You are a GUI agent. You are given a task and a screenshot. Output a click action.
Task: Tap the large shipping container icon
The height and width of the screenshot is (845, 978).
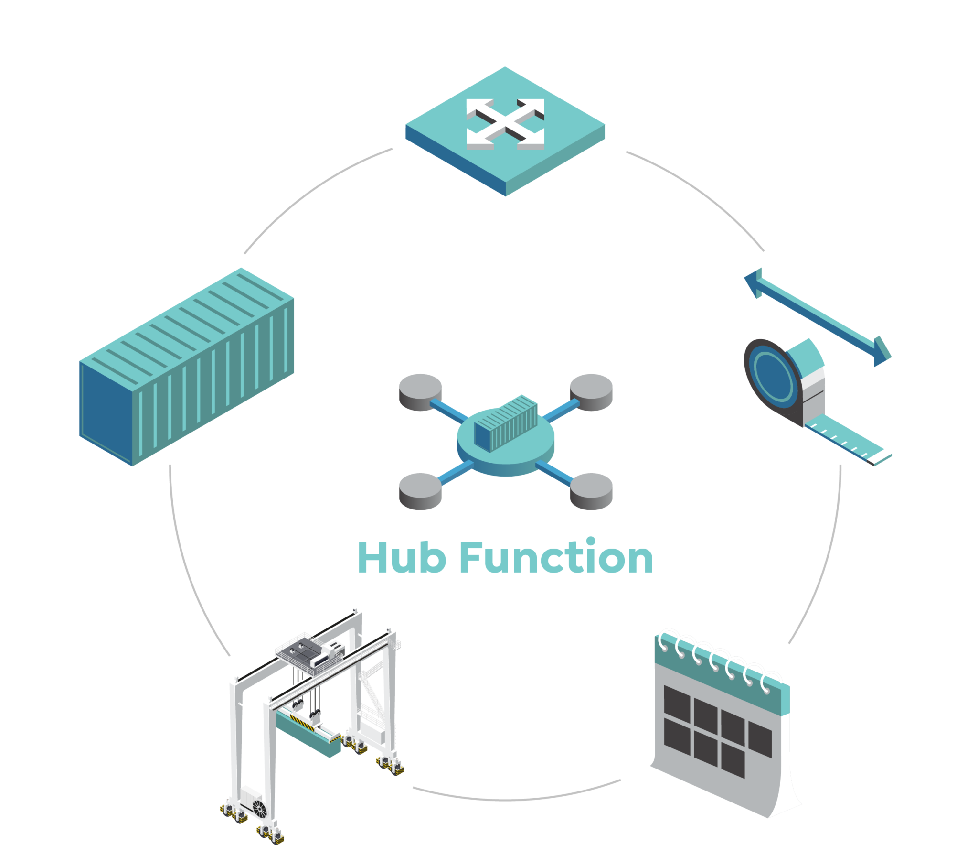click(x=187, y=367)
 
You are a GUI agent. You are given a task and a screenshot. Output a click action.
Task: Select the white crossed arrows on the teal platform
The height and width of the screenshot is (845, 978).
click(x=505, y=124)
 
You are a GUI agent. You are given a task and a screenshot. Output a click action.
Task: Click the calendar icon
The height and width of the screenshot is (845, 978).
click(x=721, y=724)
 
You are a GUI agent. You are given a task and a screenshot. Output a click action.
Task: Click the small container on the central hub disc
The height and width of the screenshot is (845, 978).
click(x=506, y=423)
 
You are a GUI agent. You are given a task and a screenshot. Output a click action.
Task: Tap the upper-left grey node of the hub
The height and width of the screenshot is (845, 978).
click(x=420, y=392)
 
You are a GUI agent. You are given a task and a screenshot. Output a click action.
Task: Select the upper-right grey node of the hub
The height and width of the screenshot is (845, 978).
click(x=591, y=392)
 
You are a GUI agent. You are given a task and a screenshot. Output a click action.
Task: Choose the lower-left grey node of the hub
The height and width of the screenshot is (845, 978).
click(x=420, y=491)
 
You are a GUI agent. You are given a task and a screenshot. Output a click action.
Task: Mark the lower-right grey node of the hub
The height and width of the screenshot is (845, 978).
click(x=591, y=491)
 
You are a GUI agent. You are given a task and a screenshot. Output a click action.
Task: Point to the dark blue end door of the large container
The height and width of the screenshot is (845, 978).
click(x=106, y=413)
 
